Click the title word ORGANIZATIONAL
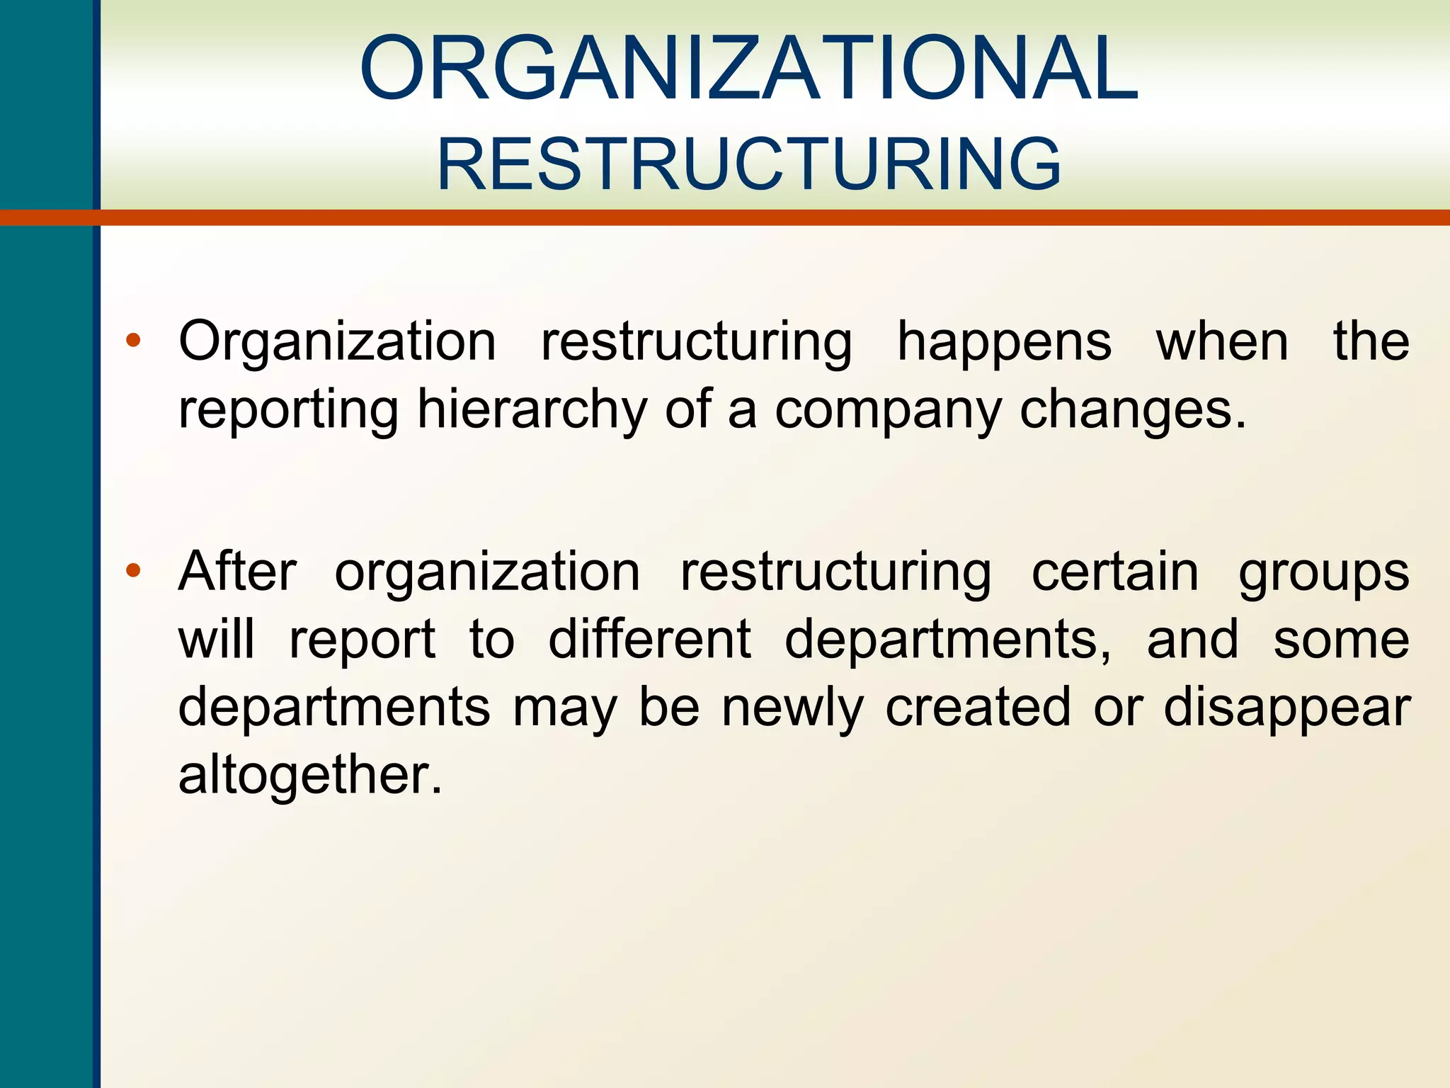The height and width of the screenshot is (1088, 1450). tap(748, 69)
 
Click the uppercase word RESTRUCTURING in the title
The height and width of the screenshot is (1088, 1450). tap(748, 164)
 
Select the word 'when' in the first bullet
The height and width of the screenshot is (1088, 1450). tap(1222, 341)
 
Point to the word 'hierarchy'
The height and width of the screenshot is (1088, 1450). tap(532, 410)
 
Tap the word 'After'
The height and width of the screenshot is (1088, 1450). tap(237, 571)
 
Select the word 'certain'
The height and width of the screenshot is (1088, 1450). tap(1115, 571)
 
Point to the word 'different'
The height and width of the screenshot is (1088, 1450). tap(649, 639)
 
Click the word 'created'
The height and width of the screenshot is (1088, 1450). tap(978, 707)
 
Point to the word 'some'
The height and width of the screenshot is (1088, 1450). tap(1341, 640)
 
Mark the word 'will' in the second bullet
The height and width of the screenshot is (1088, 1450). tap(216, 639)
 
